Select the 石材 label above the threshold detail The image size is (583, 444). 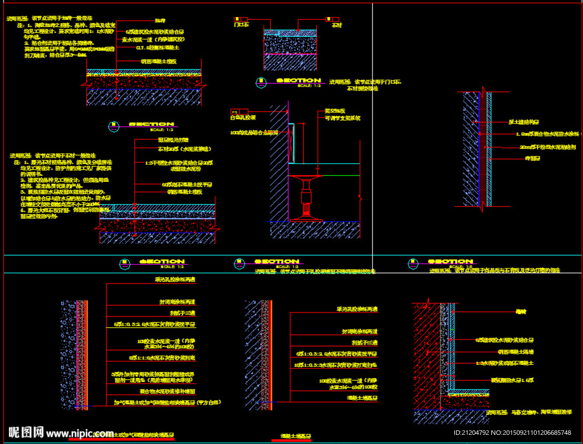[336, 24]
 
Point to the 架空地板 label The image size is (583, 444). [335, 110]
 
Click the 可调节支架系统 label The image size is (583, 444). [342, 118]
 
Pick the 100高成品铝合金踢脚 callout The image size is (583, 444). [254, 133]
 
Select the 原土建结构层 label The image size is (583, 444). [524, 122]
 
